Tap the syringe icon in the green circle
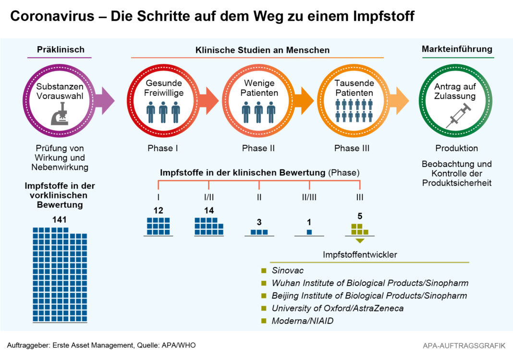(x=457, y=116)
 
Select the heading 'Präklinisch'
(x=61, y=49)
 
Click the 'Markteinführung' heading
(x=457, y=49)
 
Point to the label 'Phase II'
(x=258, y=148)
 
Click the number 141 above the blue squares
(x=60, y=220)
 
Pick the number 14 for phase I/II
(x=208, y=210)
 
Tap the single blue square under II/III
(x=309, y=232)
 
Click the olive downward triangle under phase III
(x=359, y=240)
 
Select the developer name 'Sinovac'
(x=287, y=271)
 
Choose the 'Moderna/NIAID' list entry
(x=302, y=321)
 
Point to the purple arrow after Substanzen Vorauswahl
(x=105, y=101)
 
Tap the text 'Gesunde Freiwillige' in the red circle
(x=164, y=88)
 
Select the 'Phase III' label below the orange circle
(x=354, y=148)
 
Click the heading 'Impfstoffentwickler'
(x=360, y=255)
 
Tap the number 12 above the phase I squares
(x=158, y=210)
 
